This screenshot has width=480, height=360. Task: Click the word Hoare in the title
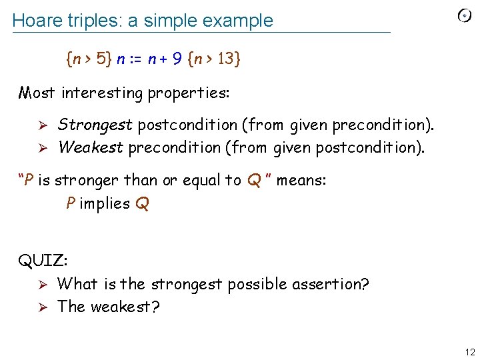coord(34,21)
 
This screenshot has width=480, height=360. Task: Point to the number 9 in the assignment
coord(177,59)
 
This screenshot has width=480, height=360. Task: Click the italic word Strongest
coord(95,125)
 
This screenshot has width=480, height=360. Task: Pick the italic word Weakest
coord(90,147)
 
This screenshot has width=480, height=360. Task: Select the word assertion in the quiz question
coord(326,284)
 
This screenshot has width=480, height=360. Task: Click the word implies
coord(104,203)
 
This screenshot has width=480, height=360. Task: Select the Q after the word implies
coord(141,204)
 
